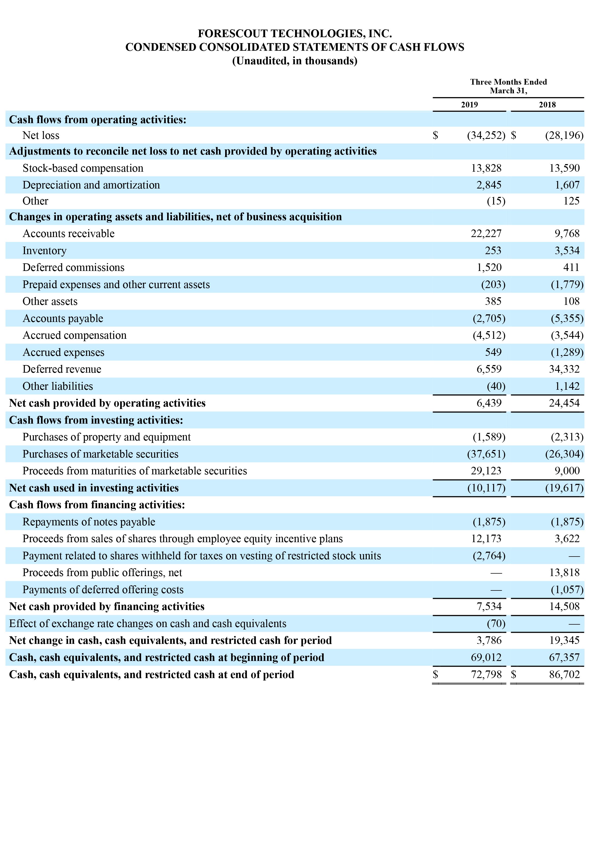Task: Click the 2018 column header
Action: point(547,105)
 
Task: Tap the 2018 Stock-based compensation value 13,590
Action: point(564,168)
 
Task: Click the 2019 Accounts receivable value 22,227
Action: point(486,234)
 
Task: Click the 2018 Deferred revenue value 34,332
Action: point(564,369)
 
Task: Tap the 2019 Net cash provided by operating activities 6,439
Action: point(489,403)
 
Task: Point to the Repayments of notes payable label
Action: point(89,522)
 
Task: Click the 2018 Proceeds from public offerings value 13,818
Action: point(564,573)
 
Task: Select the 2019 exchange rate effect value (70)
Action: point(496,624)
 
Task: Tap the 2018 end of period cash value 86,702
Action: point(564,675)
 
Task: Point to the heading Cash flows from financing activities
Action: point(97,505)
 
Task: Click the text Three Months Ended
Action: point(508,82)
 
